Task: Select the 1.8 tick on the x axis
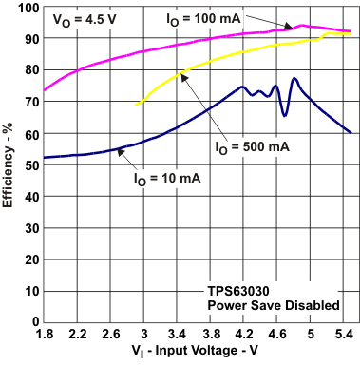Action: (x=44, y=336)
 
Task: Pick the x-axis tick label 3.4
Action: (x=178, y=336)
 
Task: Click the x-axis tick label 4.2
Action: (x=244, y=336)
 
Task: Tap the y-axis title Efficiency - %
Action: (x=9, y=166)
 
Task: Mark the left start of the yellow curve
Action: (x=136, y=105)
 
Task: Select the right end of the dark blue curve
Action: (x=351, y=133)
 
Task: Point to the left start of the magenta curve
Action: (x=44, y=90)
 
